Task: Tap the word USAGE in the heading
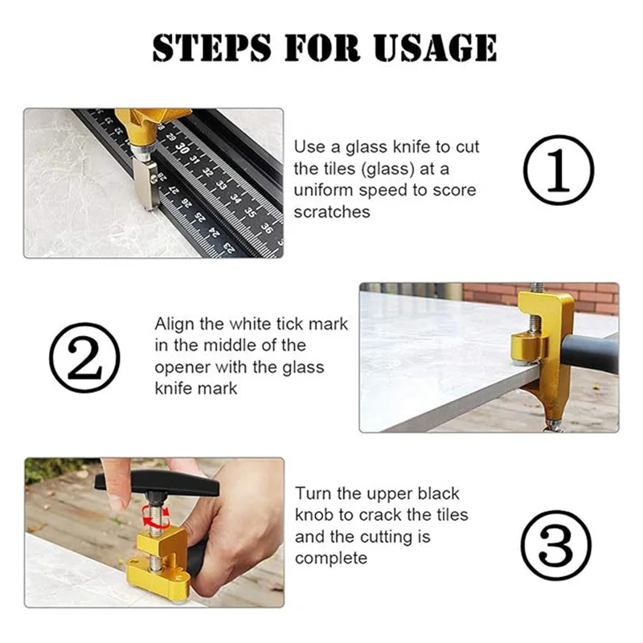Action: point(435,47)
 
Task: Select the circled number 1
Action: point(559,170)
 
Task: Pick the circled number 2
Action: point(85,358)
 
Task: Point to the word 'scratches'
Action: point(332,212)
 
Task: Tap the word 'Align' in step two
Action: point(174,325)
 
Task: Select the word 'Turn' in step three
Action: point(313,494)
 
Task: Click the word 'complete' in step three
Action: point(331,558)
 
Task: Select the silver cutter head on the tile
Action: point(146,184)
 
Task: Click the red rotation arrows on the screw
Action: point(156,518)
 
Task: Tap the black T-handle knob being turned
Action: point(158,485)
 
